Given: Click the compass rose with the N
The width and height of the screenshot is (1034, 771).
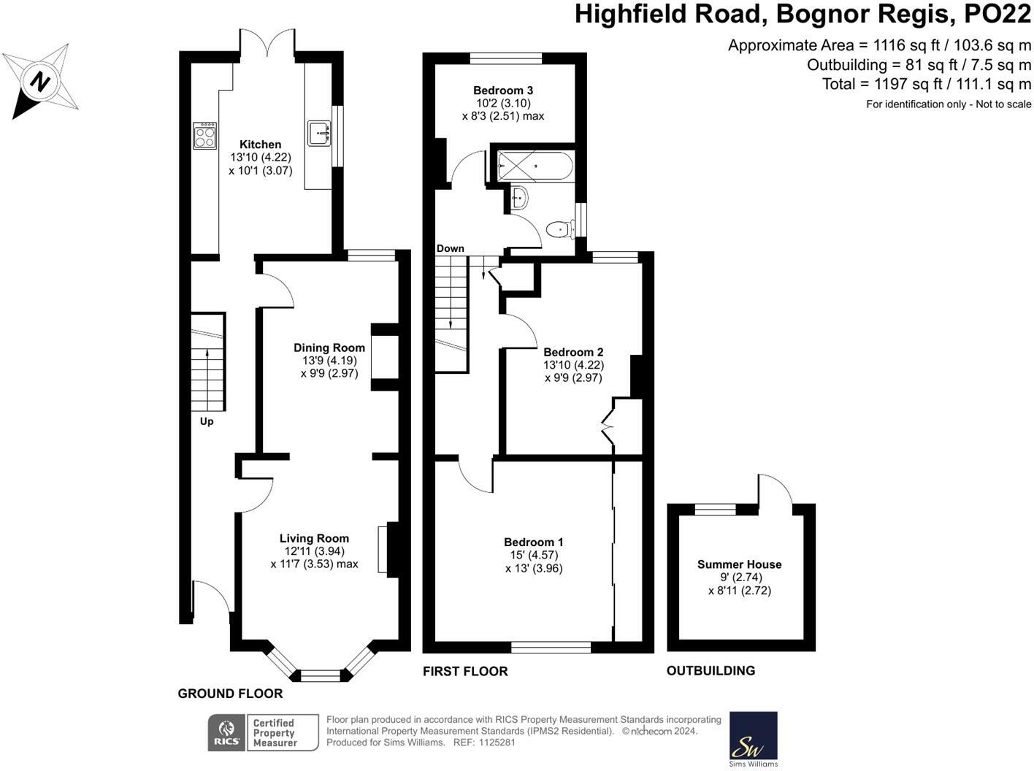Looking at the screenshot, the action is (40, 82).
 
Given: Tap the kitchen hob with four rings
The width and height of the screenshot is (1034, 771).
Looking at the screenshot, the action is (205, 136).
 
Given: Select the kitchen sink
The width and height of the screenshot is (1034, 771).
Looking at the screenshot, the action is (319, 134).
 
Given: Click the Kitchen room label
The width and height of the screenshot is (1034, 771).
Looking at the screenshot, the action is (261, 145).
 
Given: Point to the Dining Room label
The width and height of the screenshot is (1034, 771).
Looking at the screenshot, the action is (329, 348).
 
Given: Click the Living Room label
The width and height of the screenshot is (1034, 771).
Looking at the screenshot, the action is (314, 538).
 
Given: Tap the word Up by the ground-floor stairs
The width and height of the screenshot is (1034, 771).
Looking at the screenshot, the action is (207, 421).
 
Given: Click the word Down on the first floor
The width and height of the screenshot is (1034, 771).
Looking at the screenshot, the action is (451, 248).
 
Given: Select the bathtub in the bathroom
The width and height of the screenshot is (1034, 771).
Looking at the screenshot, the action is (535, 166).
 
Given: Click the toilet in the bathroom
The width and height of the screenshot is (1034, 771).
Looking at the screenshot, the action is (560, 230).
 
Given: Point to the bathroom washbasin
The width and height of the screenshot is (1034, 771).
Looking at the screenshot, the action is (519, 198).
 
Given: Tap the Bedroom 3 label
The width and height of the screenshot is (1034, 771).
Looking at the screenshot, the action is (503, 90).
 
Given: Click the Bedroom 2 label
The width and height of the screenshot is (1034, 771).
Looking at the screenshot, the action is (573, 352).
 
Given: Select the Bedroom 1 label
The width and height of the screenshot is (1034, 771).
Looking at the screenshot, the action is (533, 542).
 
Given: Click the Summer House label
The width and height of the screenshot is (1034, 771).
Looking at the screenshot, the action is (739, 564).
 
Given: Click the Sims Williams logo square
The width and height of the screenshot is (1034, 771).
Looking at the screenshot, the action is (754, 735).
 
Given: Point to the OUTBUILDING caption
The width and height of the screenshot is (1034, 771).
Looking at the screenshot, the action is (711, 671).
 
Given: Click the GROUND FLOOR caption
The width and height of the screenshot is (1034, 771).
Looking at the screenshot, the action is (230, 694).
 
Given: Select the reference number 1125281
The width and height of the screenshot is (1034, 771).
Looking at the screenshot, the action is (497, 743).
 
